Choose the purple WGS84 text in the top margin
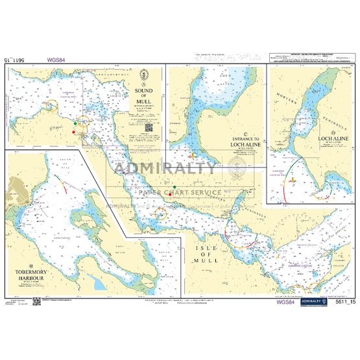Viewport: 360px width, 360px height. pos(55,62)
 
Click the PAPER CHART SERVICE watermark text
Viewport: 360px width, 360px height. pos(178,193)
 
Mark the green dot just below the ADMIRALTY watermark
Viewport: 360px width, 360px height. pos(174,187)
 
